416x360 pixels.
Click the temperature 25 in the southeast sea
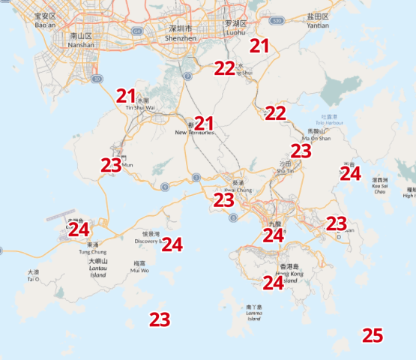click(x=373, y=335)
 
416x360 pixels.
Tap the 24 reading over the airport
click(x=79, y=229)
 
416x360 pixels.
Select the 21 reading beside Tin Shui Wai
click(x=126, y=95)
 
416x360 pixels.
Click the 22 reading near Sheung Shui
click(x=224, y=68)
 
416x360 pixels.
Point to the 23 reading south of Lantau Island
click(x=159, y=319)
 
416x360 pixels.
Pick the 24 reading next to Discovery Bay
click(x=172, y=244)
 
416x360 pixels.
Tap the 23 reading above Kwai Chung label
click(x=223, y=200)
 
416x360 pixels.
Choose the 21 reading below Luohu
click(x=259, y=46)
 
